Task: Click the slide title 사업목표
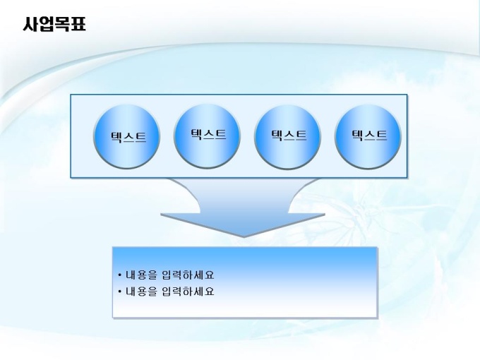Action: [54, 24]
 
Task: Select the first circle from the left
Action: [126, 136]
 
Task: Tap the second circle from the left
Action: [207, 136]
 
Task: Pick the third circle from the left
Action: [287, 136]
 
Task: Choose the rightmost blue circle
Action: [368, 136]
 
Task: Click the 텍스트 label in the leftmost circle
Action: [128, 137]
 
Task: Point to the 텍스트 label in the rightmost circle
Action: [369, 135]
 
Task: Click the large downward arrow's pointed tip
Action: [244, 237]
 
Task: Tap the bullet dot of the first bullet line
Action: [119, 275]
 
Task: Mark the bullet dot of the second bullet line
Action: [119, 291]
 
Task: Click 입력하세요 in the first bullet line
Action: [187, 275]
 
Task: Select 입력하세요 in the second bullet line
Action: [187, 291]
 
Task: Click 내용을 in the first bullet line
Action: [141, 275]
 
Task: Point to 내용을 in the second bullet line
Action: [141, 291]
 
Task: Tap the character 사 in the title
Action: [30, 24]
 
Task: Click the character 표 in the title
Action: [78, 24]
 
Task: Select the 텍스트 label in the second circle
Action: [208, 134]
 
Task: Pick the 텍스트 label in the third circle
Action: [289, 135]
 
